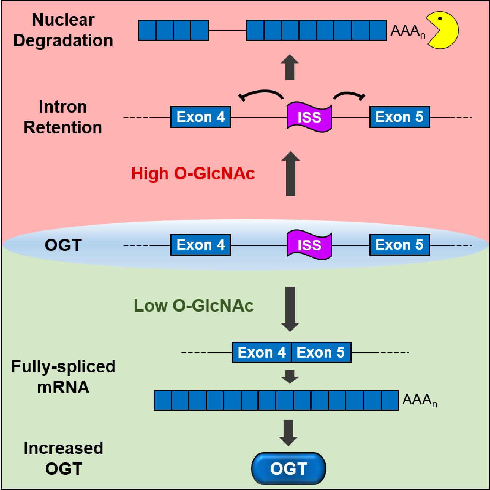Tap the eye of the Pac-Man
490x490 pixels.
coord(440,19)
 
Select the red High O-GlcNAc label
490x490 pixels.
coord(193,173)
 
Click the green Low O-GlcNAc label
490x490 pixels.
coord(194,305)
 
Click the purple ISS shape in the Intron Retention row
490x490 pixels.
coord(309,117)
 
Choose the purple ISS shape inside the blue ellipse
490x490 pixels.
coord(309,245)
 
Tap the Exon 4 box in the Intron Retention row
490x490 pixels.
coord(201,117)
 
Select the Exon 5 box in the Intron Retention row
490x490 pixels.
coord(400,117)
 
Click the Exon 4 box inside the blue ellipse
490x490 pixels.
coord(201,245)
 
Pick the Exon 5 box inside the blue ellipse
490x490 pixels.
coord(400,245)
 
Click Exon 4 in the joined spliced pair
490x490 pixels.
coord(262,353)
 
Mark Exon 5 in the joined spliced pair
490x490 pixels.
coord(321,353)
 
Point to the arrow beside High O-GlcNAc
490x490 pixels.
coord(290,173)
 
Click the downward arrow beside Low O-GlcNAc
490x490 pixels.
coord(290,309)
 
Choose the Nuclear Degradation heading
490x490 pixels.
coord(63,30)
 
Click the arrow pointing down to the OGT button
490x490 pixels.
coord(288,433)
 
